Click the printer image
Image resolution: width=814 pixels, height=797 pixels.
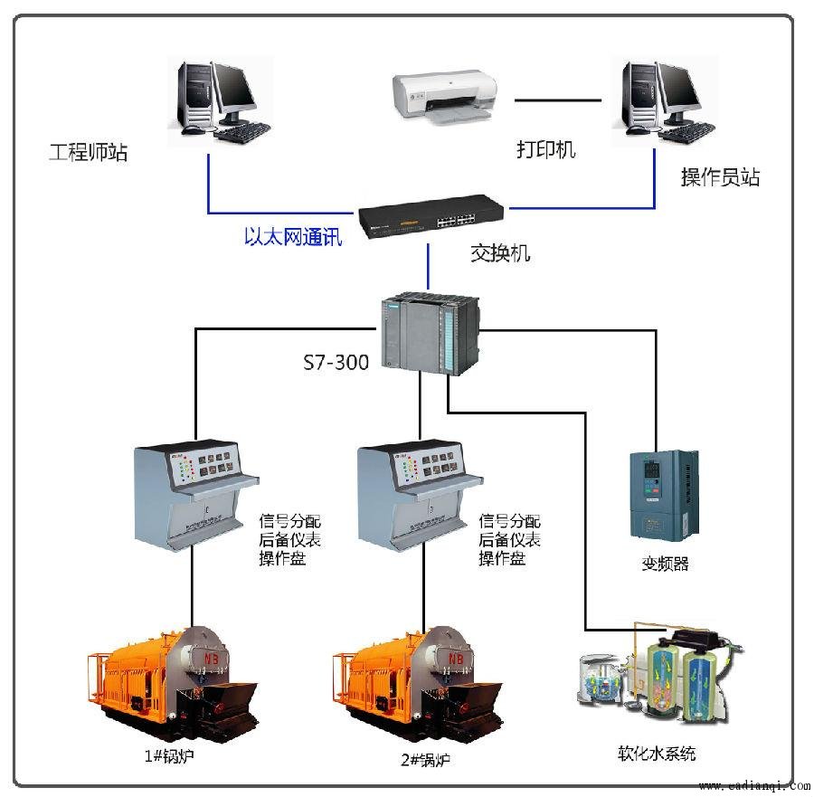pyautogui.click(x=444, y=98)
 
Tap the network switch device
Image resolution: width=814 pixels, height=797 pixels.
pyautogui.click(x=431, y=216)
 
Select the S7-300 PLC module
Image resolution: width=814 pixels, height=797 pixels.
pyautogui.click(x=431, y=333)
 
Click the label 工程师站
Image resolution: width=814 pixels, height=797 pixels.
pyautogui.click(x=89, y=152)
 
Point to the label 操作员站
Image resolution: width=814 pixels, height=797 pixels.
pyautogui.click(x=720, y=177)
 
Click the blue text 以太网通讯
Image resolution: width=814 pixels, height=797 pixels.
pyautogui.click(x=293, y=237)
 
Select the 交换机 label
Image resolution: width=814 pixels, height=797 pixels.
pyautogui.click(x=500, y=253)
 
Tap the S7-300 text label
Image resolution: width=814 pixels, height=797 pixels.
pyautogui.click(x=336, y=362)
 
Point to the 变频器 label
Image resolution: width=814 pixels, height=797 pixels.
pyautogui.click(x=665, y=564)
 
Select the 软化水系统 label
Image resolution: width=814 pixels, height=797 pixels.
pyautogui.click(x=657, y=753)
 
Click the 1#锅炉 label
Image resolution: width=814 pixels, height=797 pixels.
pyautogui.click(x=169, y=755)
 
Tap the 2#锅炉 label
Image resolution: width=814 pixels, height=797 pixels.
pyautogui.click(x=425, y=760)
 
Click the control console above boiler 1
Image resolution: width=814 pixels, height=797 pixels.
pyautogui.click(x=196, y=496)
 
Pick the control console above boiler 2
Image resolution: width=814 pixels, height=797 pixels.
pyautogui.click(x=420, y=496)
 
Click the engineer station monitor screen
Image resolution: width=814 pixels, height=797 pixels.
pyautogui.click(x=234, y=90)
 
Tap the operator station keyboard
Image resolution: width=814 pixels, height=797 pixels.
pyautogui.click(x=686, y=134)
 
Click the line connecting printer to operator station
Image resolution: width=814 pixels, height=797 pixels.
pyautogui.click(x=557, y=100)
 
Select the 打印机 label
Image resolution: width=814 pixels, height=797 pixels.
pyautogui.click(x=546, y=149)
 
